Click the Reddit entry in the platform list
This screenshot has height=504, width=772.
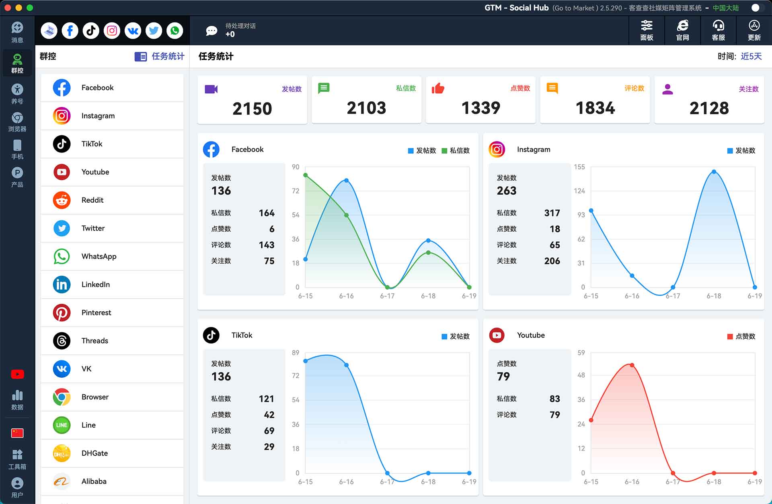pos(112,200)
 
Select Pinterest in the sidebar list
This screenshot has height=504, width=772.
pos(112,313)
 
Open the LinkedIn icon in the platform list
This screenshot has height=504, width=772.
pos(62,284)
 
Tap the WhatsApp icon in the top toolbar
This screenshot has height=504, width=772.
pos(175,31)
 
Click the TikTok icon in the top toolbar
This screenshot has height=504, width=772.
pos(91,31)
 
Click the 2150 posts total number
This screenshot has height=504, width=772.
pos(252,109)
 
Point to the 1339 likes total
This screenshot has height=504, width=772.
pos(480,108)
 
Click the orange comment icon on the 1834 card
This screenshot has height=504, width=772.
pos(552,88)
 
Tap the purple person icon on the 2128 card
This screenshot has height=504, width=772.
pos(667,89)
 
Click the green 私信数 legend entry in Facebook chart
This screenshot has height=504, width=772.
pos(456,150)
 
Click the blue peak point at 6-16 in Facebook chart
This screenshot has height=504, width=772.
pos(346,180)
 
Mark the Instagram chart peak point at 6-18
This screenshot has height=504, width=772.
pos(714,172)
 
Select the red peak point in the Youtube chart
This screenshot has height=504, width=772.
pos(632,365)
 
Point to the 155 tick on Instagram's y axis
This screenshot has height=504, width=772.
pos(579,167)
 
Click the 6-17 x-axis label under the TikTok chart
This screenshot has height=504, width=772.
pos(387,481)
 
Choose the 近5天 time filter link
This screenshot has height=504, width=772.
pos(751,56)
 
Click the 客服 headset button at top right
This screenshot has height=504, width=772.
pos(718,31)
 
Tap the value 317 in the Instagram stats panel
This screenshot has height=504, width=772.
pos(552,213)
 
